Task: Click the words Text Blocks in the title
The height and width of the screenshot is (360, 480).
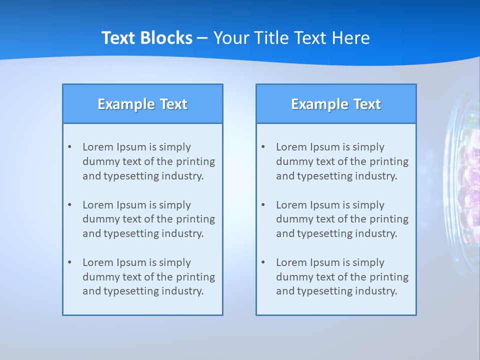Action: (x=146, y=38)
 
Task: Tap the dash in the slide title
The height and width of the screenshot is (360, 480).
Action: (x=202, y=38)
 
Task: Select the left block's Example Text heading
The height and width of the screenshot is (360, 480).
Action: (x=142, y=104)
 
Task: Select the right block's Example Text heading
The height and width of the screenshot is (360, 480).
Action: (x=336, y=104)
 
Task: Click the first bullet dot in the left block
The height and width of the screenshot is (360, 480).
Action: (x=70, y=147)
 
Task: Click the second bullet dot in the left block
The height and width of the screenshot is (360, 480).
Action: (x=70, y=205)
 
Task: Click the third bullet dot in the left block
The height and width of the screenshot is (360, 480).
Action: (x=70, y=262)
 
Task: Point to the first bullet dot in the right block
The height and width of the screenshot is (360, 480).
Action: (x=263, y=147)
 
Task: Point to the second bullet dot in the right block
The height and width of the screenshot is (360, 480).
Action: (x=263, y=205)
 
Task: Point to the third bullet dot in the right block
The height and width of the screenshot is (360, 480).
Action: (x=263, y=262)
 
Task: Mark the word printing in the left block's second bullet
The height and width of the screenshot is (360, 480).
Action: (x=196, y=219)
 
